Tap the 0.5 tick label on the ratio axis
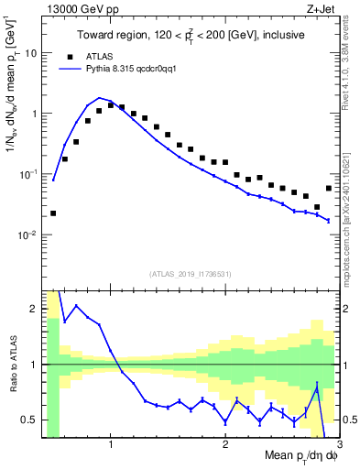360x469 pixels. pyautogui.click(x=29, y=420)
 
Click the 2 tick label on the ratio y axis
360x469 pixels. pyautogui.click(x=34, y=309)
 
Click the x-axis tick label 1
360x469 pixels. pyautogui.click(x=111, y=447)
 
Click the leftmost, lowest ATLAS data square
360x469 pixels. pyautogui.click(x=53, y=213)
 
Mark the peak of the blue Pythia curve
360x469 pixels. pyautogui.click(x=99, y=97)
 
